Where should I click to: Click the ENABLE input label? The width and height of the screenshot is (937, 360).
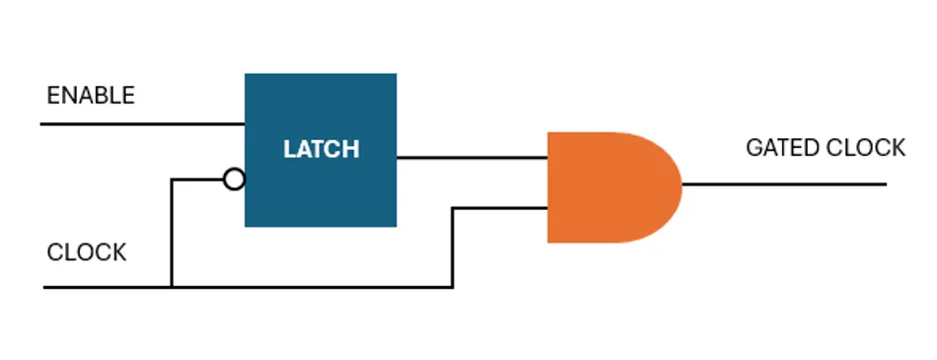(91, 96)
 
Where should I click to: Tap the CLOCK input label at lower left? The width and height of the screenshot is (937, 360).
(87, 252)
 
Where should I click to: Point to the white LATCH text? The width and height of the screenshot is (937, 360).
(321, 150)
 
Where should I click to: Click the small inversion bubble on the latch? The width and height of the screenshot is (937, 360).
(234, 180)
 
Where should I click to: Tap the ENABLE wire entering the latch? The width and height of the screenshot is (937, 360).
(143, 124)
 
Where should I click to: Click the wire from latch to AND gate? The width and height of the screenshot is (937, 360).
(471, 157)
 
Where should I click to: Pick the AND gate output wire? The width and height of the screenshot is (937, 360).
(784, 183)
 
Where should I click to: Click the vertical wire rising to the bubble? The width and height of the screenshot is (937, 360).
(172, 233)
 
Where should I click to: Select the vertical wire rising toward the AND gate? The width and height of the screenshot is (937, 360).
(453, 247)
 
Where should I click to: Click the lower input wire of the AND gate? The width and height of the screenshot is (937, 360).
(500, 208)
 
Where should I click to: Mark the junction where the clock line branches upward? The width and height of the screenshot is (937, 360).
(172, 287)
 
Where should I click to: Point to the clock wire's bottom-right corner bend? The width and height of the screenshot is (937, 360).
(453, 287)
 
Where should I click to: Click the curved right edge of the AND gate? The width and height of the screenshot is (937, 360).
(680, 186)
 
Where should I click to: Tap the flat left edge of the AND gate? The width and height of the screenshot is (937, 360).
(549, 186)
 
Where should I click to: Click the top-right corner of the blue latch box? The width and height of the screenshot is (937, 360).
(396, 75)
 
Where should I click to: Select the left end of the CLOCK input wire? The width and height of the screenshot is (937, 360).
(46, 287)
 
